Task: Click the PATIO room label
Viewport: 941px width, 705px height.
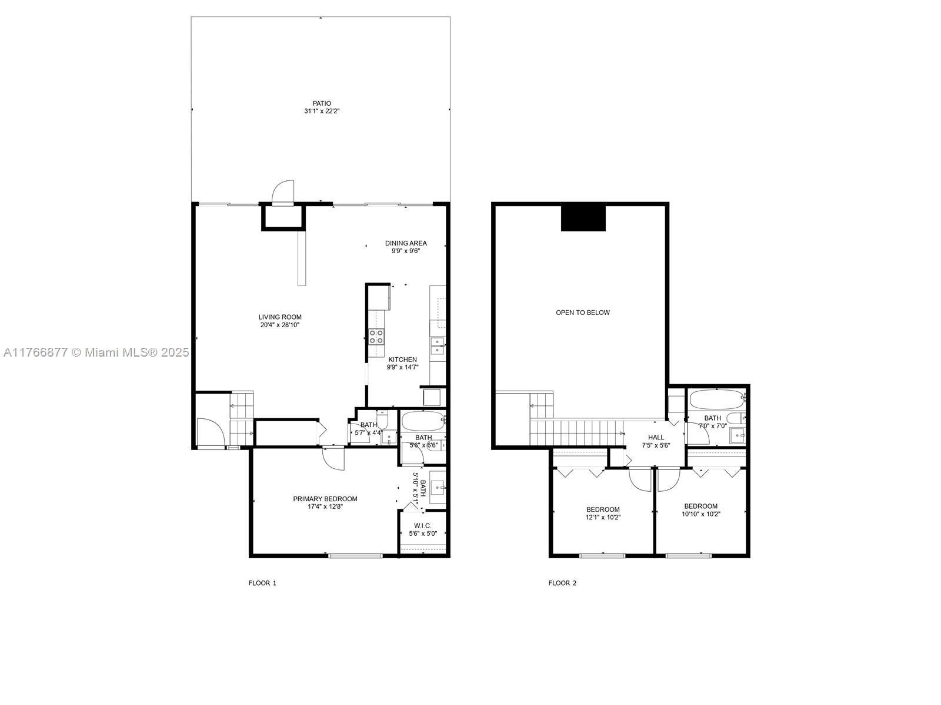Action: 322,103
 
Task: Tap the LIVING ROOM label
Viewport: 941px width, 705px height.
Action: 280,317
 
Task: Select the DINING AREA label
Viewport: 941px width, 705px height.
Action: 406,243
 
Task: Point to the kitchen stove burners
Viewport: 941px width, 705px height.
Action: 376,336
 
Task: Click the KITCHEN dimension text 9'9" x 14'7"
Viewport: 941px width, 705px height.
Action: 402,367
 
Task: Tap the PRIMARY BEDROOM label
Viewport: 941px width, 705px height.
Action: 325,499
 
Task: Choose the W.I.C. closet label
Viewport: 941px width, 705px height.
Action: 423,526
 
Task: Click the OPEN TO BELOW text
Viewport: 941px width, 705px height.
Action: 583,313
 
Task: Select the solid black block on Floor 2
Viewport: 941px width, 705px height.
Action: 583,219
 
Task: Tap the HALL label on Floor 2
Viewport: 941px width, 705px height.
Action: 656,437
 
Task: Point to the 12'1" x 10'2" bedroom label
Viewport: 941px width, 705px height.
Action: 603,513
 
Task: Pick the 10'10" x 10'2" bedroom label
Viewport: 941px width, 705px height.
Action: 701,510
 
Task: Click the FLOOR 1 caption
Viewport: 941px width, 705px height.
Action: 262,583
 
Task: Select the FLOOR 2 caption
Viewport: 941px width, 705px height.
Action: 562,583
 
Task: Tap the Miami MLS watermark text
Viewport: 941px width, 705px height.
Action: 96,352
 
